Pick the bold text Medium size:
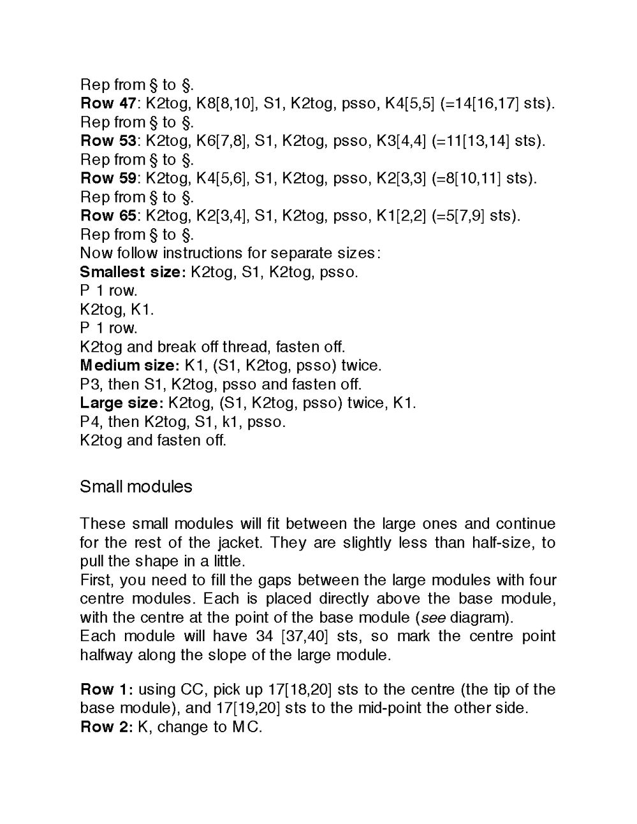[x=129, y=366]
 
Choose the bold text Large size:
[x=122, y=403]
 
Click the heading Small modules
[x=136, y=487]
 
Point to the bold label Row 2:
[x=106, y=727]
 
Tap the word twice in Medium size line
[x=360, y=366]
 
